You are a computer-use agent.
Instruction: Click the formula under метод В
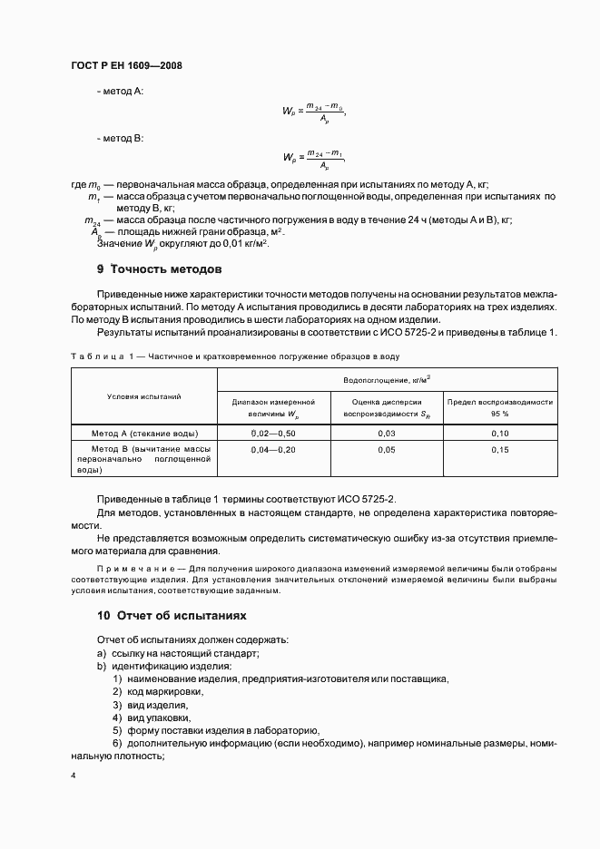pyautogui.click(x=313, y=159)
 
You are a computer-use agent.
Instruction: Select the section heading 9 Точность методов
pyautogui.click(x=159, y=269)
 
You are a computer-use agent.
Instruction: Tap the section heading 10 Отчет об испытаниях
pyautogui.click(x=172, y=614)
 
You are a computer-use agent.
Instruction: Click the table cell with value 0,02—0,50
pyautogui.click(x=272, y=434)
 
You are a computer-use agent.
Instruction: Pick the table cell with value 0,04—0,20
pyautogui.click(x=272, y=450)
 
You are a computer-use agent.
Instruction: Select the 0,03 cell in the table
pyautogui.click(x=386, y=434)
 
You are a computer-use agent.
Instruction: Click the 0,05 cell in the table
pyautogui.click(x=386, y=450)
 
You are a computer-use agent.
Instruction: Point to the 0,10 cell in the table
pyautogui.click(x=499, y=434)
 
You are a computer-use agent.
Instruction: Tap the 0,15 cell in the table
pyautogui.click(x=499, y=450)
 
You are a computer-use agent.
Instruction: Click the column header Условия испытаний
pyautogui.click(x=144, y=396)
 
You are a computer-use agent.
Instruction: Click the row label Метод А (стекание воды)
pyautogui.click(x=145, y=434)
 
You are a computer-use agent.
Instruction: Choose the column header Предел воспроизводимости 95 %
pyautogui.click(x=499, y=407)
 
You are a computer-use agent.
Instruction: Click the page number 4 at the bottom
pyautogui.click(x=73, y=776)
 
